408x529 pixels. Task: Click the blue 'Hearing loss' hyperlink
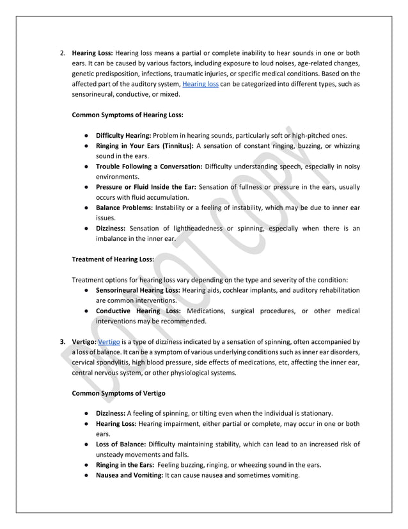pyautogui.click(x=200, y=84)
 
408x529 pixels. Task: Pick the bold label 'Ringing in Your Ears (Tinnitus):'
pyautogui.click(x=145, y=146)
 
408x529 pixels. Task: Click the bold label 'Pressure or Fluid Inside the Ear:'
pyautogui.click(x=146, y=187)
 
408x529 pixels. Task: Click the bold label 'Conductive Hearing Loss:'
pyautogui.click(x=138, y=311)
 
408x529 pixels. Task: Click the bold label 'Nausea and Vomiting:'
pyautogui.click(x=129, y=475)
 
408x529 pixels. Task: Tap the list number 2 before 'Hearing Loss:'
pyautogui.click(x=62, y=53)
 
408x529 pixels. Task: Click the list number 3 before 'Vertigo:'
pyautogui.click(x=62, y=342)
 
